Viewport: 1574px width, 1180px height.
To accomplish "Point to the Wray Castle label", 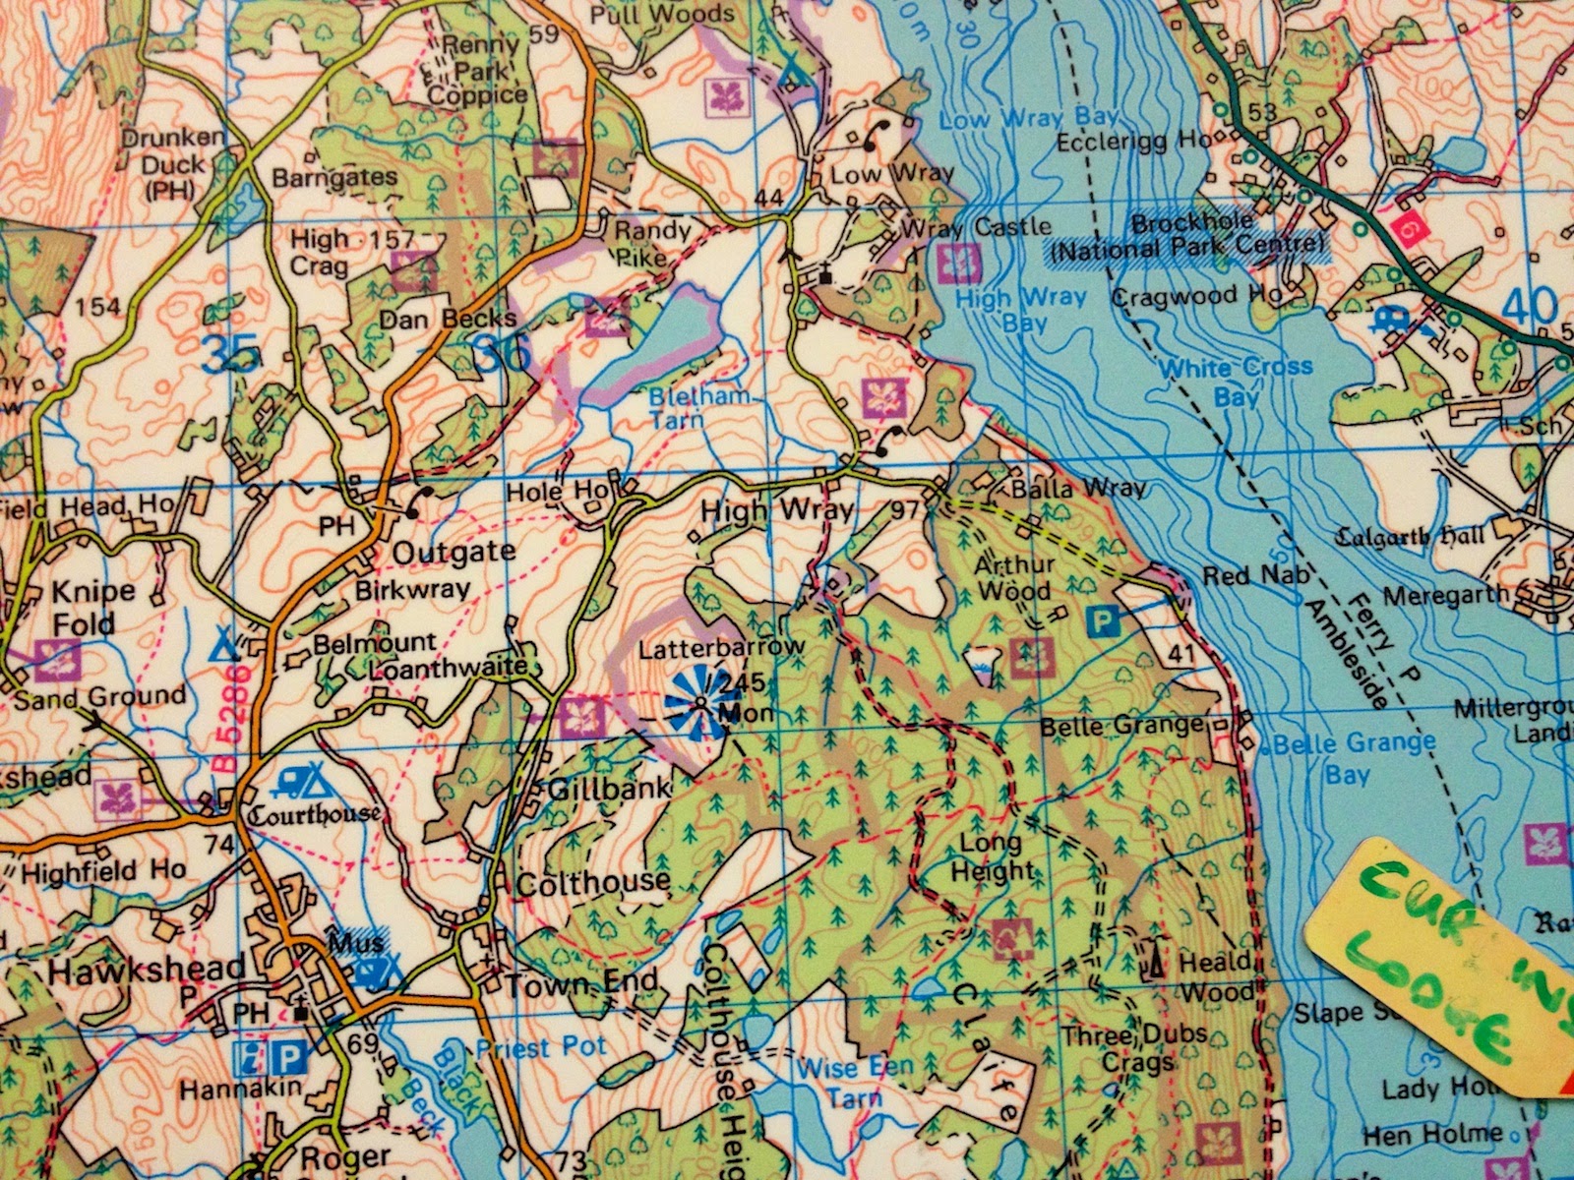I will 977,227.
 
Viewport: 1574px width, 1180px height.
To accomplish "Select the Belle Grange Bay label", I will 1354,757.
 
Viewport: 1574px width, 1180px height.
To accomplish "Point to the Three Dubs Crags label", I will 1134,1049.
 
